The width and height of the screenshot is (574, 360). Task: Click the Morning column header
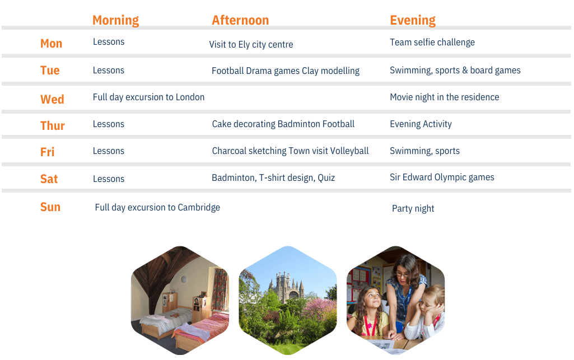coord(116,21)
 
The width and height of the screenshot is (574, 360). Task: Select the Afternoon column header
coord(240,20)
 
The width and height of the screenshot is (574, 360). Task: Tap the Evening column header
coord(413,21)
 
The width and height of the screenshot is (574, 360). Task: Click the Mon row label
coord(52,44)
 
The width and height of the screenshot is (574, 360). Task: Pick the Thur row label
coord(52,126)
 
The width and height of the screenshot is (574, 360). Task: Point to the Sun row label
coord(50,207)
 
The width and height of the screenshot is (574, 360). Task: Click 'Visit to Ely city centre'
coord(251,45)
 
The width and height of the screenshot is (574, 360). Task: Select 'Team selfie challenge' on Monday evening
coord(432,43)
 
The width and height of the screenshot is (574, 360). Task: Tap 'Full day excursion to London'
coord(148,97)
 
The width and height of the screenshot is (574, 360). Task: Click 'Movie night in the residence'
coord(445,97)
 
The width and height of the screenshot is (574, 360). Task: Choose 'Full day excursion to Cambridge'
coord(157,208)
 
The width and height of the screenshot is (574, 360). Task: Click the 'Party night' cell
coord(413,208)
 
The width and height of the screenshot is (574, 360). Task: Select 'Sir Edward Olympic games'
coord(442,177)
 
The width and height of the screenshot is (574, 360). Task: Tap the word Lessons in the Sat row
coord(108,179)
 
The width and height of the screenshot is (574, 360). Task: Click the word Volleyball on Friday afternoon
coord(349,151)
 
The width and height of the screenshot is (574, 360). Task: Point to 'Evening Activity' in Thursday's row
coord(421,124)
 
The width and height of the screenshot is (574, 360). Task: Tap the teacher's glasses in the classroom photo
coord(402,274)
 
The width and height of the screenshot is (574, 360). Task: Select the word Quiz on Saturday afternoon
coord(326,178)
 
